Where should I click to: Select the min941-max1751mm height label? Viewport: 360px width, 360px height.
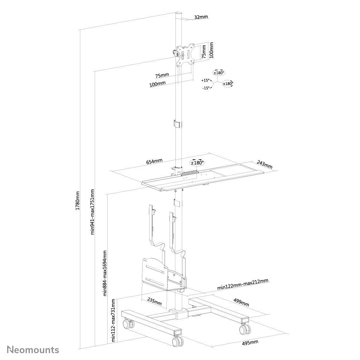pos(93,212)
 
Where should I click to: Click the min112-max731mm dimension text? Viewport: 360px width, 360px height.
pos(114,320)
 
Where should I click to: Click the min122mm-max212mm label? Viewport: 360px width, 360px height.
pos(243,287)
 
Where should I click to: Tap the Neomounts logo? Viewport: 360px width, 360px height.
pos(33,349)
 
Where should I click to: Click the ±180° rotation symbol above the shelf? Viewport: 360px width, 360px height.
pos(197,162)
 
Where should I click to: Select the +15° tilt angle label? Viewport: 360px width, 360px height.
pos(205,81)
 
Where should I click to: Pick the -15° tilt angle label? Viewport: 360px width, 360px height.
pos(205,88)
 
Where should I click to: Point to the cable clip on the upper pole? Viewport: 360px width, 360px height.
pos(177,123)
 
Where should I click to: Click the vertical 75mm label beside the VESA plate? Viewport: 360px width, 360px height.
pos(204,52)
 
